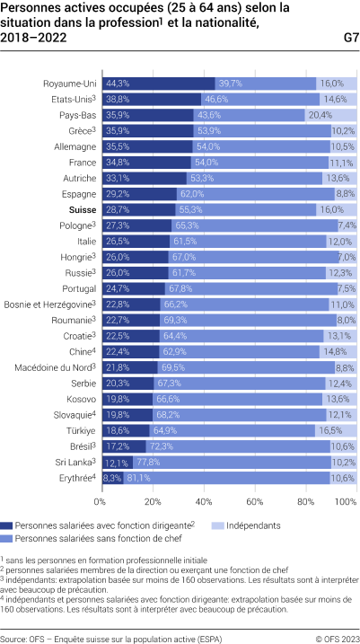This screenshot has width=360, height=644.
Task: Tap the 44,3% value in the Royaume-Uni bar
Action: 118,84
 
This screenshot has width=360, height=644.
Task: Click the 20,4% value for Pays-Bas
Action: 320,115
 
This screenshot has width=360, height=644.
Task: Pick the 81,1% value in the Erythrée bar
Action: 138,477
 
